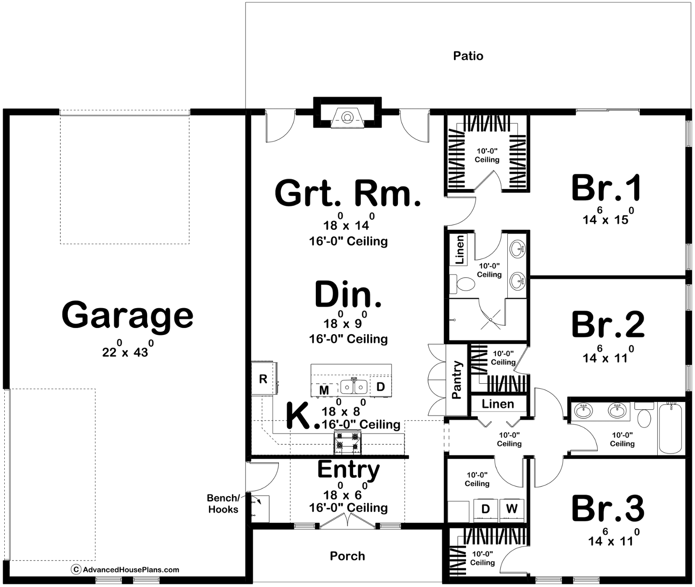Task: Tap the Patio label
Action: (x=468, y=56)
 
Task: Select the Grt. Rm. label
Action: (x=348, y=193)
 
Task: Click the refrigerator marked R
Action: (x=263, y=378)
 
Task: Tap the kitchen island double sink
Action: (x=354, y=386)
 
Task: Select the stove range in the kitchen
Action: (x=347, y=442)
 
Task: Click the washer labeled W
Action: (x=512, y=509)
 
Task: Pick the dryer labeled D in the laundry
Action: (x=486, y=509)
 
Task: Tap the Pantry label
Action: (x=457, y=379)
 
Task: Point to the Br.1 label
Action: (x=606, y=188)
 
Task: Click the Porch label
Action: (x=347, y=556)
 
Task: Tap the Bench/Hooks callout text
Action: (x=223, y=504)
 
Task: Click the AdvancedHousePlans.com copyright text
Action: (x=126, y=570)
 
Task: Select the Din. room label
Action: (x=348, y=295)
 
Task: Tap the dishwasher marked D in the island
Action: (x=381, y=386)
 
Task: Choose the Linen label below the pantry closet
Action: (x=498, y=404)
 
